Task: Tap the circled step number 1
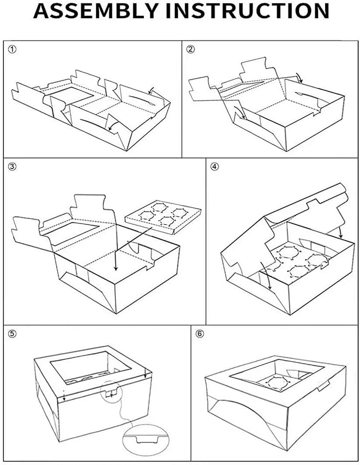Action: [12, 49]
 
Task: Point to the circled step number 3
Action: [12, 167]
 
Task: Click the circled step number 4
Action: [214, 167]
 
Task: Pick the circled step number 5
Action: [12, 334]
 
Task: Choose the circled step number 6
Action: [200, 334]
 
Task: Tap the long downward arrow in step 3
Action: [115, 245]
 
